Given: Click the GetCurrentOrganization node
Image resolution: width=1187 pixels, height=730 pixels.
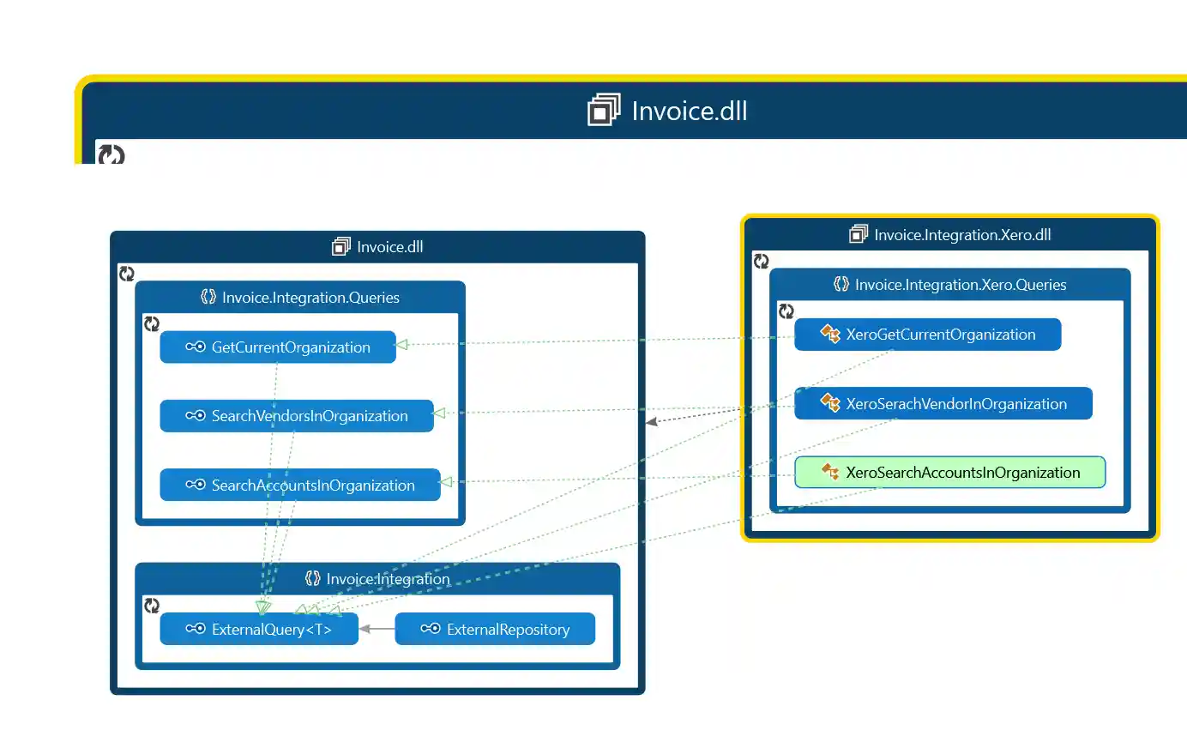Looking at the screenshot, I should (x=278, y=347).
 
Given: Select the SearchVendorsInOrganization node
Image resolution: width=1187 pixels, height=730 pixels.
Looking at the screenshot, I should (x=297, y=416).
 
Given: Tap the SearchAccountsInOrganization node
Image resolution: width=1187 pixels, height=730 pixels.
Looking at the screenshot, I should (x=300, y=486).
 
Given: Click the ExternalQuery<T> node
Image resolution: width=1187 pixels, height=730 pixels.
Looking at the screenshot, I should (x=259, y=630).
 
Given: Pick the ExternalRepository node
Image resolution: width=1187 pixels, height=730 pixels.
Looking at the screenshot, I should (x=495, y=630).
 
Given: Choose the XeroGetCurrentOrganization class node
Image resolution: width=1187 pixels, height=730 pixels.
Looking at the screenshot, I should (x=927, y=335).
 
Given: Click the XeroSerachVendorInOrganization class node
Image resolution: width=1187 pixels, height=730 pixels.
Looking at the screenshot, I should (x=943, y=404).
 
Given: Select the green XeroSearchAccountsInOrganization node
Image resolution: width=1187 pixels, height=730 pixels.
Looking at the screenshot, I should (x=949, y=473).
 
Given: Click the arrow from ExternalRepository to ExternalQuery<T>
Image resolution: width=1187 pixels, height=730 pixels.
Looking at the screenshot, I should (x=377, y=629).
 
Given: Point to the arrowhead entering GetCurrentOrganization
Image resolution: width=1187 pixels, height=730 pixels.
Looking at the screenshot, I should (x=401, y=345).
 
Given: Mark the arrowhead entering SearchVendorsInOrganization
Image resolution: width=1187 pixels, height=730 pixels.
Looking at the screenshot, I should (x=439, y=413).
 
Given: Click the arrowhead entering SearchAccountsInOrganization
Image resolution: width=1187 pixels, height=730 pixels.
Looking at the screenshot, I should (x=446, y=482).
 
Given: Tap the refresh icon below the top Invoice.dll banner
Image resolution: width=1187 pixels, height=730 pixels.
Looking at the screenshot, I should (x=111, y=155).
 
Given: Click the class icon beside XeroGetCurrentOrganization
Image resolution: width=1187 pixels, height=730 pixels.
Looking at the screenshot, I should (x=830, y=335).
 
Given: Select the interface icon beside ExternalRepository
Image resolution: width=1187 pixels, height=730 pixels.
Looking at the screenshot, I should (x=431, y=630).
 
